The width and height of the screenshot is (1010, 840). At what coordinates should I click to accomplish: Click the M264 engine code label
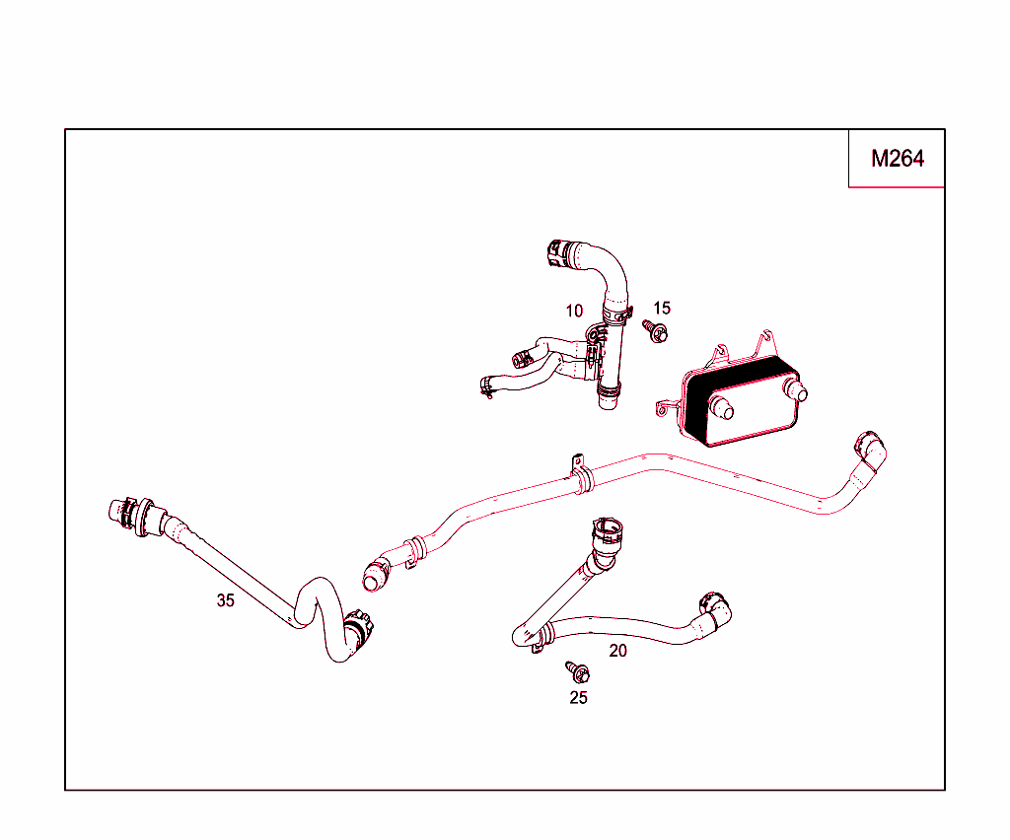coord(898,159)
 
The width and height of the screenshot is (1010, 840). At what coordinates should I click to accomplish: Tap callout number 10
coord(574,312)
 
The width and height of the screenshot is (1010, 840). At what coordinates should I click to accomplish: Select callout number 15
coord(662,309)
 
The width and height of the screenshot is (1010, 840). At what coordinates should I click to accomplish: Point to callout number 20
coord(617,651)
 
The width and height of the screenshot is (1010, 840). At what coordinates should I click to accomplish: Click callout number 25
coord(578,698)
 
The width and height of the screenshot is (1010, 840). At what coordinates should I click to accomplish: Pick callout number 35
coord(226,600)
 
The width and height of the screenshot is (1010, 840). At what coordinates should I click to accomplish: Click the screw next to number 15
coord(655,331)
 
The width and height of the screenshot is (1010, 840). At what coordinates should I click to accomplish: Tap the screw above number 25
coord(578,671)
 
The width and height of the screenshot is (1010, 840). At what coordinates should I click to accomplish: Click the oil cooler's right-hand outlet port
coord(796,390)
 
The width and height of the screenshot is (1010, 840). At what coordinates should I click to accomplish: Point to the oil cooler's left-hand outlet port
coord(721,408)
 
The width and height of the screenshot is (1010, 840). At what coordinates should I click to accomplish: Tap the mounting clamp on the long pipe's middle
coord(581,475)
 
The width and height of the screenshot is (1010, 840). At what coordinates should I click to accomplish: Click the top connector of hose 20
coord(608,535)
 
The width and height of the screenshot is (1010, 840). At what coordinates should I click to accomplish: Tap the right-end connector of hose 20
coord(715,609)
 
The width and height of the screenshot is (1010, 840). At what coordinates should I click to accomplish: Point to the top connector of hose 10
coord(558,253)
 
